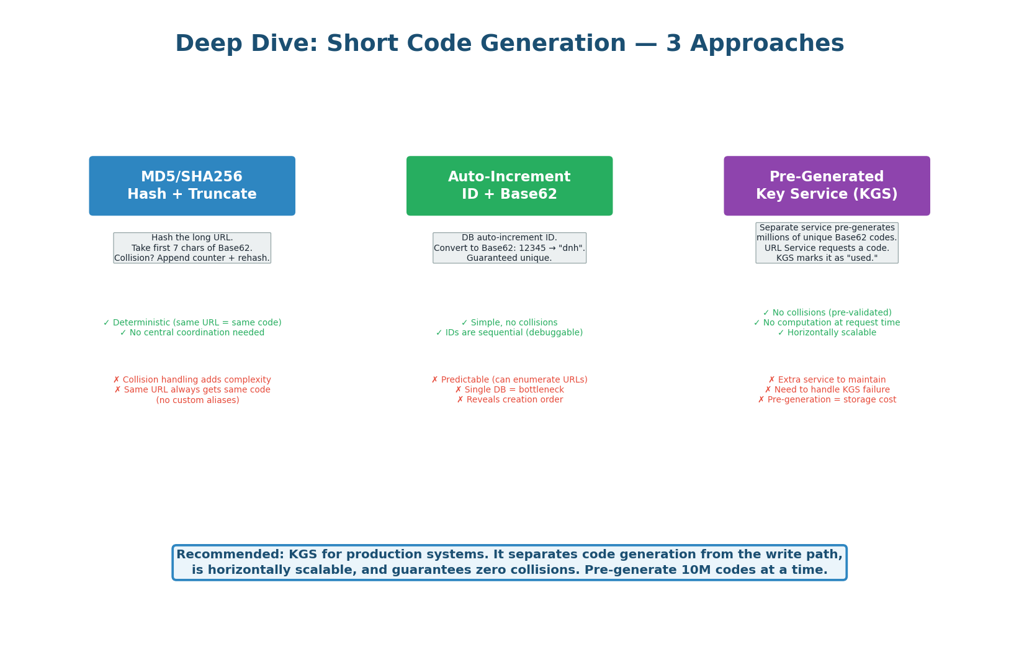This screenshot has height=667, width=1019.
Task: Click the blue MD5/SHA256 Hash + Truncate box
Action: (x=192, y=186)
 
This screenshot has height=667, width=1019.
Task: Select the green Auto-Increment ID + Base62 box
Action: (x=509, y=186)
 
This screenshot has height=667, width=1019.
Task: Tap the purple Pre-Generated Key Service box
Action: (x=827, y=186)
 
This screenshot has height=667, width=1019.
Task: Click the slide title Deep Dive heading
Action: (x=509, y=44)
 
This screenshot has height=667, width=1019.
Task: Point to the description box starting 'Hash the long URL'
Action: (x=192, y=248)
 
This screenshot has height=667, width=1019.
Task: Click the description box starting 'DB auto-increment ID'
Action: (x=509, y=248)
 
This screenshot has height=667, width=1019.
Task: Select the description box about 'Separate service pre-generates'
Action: (x=827, y=243)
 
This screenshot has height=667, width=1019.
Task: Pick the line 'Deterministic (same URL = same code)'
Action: (x=192, y=323)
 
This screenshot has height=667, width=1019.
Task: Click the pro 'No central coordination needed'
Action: (x=192, y=333)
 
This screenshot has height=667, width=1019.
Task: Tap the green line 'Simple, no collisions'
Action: (x=509, y=323)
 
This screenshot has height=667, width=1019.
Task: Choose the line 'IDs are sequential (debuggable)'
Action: (x=509, y=333)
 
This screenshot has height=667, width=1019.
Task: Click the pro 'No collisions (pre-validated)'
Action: (x=827, y=313)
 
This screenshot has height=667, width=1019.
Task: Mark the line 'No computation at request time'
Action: (x=827, y=323)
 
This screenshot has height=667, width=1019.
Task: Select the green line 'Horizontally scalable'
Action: (x=827, y=333)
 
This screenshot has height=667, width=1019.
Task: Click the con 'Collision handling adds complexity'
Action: (x=192, y=380)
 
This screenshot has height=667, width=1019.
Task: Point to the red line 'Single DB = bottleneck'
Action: (x=509, y=390)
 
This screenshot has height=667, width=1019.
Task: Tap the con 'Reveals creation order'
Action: (x=509, y=400)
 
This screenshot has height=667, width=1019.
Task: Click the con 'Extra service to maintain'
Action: (x=827, y=380)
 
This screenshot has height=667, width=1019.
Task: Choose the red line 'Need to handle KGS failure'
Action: (x=827, y=390)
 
